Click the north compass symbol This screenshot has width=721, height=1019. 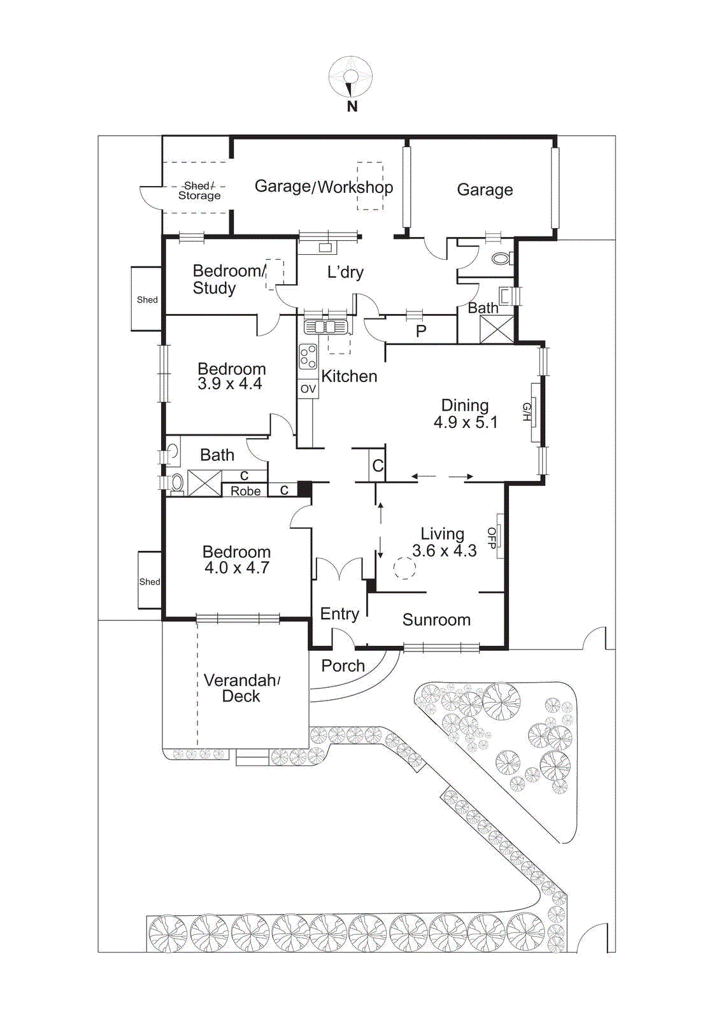point(350,77)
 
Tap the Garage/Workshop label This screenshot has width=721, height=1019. point(324,187)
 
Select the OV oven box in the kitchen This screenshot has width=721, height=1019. point(308,388)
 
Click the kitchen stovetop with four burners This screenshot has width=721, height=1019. point(308,357)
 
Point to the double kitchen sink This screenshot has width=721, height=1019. point(325,327)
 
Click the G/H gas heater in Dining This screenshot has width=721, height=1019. point(529,412)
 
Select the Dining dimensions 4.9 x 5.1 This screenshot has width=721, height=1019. point(466,422)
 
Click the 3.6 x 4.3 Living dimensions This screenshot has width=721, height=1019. point(444,551)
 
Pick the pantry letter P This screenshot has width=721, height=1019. point(421,331)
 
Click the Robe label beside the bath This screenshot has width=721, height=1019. point(245,491)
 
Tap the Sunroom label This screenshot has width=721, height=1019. point(436,620)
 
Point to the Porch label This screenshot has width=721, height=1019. point(343,666)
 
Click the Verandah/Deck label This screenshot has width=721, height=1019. point(241,688)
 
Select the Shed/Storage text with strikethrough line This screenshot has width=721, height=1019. point(199,190)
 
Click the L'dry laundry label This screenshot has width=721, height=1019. point(345,273)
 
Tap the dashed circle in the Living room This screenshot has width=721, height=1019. point(404,568)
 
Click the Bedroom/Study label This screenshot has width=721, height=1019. point(226,280)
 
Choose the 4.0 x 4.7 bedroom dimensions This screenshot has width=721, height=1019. point(236,568)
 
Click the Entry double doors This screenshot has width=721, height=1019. point(339,569)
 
